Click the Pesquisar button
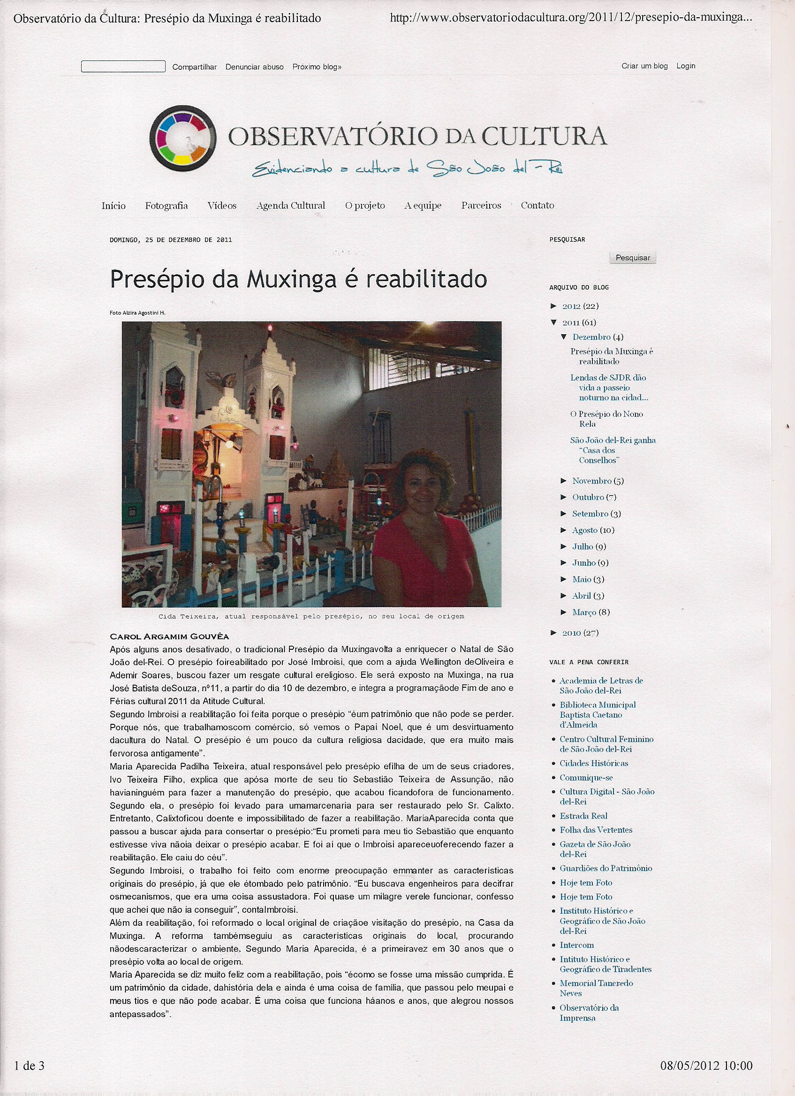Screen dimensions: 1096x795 click(632, 257)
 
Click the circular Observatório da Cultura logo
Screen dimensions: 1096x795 click(182, 138)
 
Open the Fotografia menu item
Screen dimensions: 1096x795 click(167, 205)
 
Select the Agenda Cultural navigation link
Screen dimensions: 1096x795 click(291, 205)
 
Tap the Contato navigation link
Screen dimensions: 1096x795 click(537, 205)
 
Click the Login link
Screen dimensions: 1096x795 click(685, 66)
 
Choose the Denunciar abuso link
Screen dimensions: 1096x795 click(254, 67)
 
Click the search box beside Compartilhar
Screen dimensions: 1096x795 click(123, 67)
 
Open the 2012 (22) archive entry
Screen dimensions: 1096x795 click(580, 306)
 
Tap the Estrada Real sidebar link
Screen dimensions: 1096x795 click(583, 816)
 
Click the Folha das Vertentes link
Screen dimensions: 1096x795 click(596, 830)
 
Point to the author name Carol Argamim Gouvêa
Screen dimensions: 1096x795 click(169, 637)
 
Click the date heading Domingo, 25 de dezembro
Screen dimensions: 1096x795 click(171, 240)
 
